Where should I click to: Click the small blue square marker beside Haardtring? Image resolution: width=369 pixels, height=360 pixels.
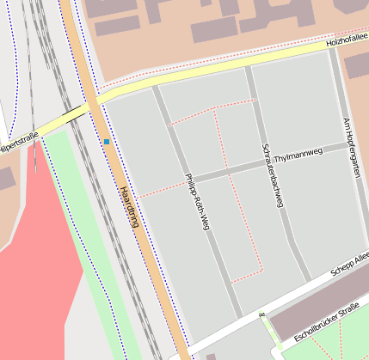tap(107, 141)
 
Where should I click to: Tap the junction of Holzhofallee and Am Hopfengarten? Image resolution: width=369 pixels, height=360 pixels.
tap(332, 48)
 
